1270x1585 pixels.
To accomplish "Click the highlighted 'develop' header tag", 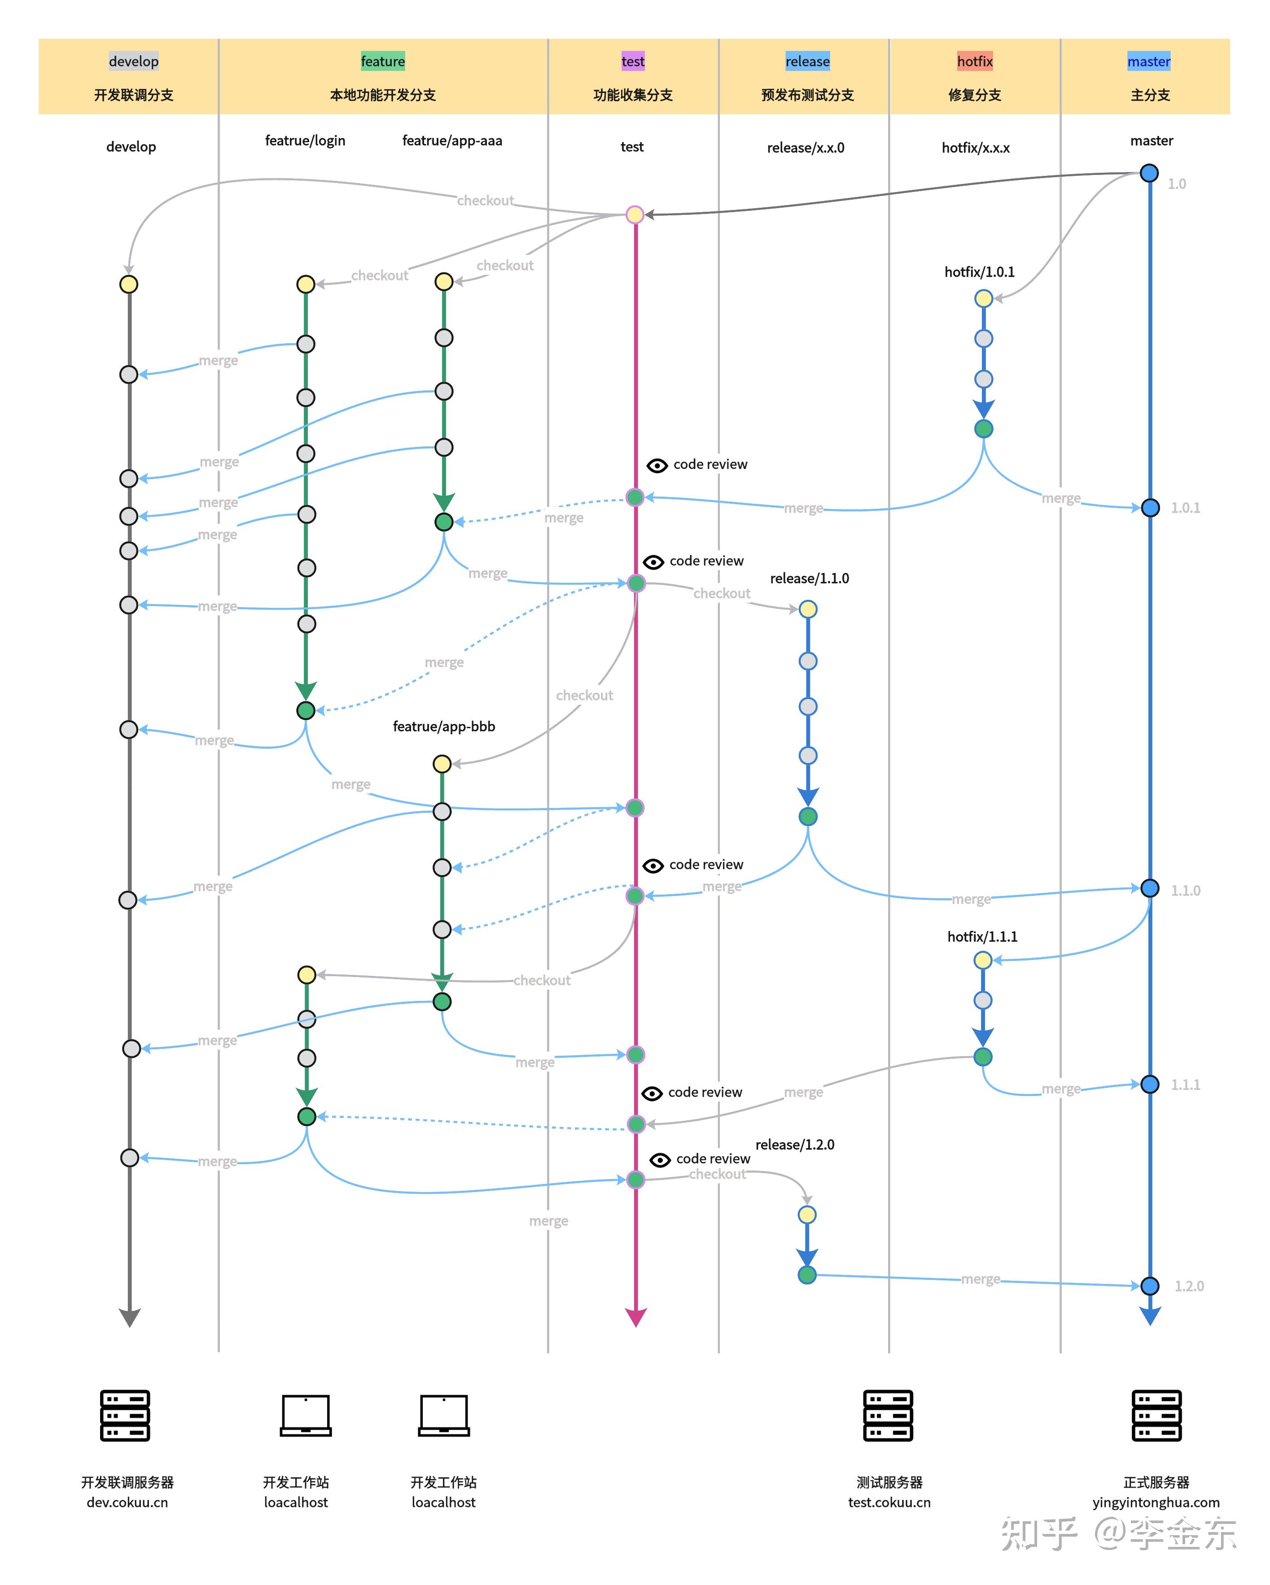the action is (x=133, y=61).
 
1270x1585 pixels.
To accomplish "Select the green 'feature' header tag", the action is (x=382, y=61).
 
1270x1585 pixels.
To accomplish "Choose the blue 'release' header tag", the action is (x=807, y=61).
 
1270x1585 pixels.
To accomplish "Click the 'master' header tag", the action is (x=1149, y=61).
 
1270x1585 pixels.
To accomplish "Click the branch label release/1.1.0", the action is (x=809, y=579).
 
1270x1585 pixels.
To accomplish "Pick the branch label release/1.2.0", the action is (x=794, y=1144).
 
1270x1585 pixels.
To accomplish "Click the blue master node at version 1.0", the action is (x=1149, y=174).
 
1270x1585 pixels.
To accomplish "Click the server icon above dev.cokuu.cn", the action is (x=125, y=1415).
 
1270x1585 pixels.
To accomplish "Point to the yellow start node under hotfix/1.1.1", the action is (x=982, y=960).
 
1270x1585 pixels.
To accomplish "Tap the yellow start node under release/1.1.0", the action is (x=807, y=609).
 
